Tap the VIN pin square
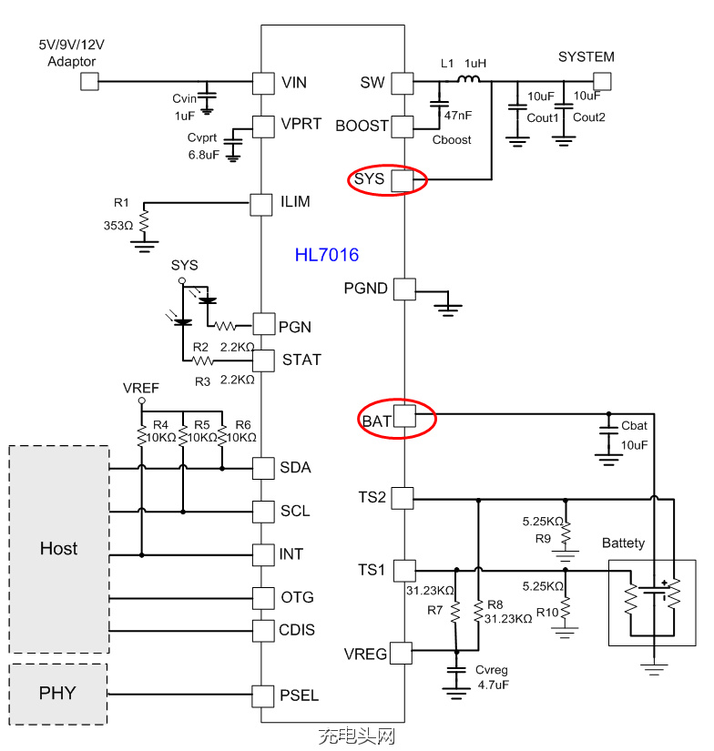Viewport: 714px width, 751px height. [262, 83]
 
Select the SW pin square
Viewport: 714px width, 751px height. [403, 83]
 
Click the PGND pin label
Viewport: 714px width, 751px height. [366, 289]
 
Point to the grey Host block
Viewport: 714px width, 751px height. [59, 549]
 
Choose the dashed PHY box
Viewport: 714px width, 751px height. [58, 694]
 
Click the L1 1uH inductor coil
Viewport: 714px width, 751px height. [468, 81]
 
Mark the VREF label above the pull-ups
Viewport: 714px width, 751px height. [141, 389]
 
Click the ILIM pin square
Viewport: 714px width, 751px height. [262, 202]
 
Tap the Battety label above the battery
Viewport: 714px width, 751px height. [623, 543]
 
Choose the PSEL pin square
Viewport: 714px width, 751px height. [262, 695]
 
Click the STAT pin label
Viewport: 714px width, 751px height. [301, 360]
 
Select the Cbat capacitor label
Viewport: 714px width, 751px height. [635, 426]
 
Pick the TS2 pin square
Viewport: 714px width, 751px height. [403, 497]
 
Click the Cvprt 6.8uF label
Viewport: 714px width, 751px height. [202, 145]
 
